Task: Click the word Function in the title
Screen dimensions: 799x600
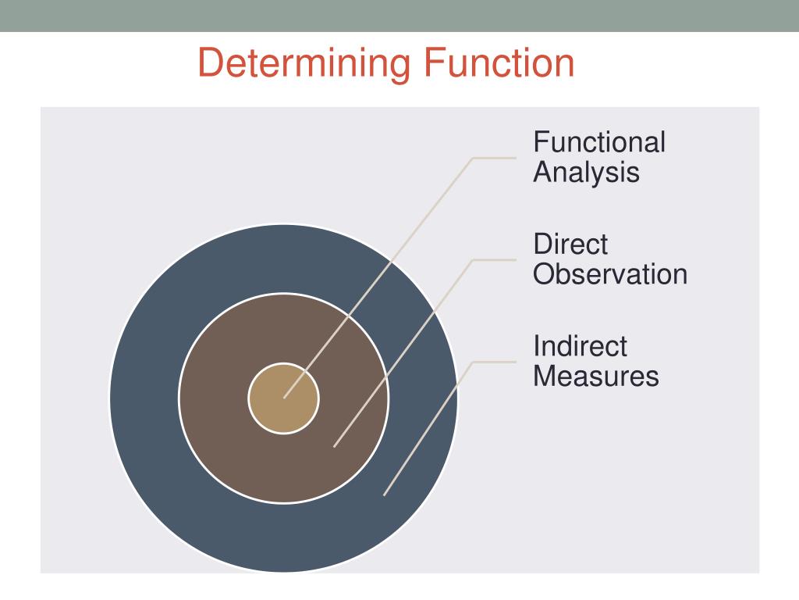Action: click(499, 62)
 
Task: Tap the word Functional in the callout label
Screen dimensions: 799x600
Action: click(599, 142)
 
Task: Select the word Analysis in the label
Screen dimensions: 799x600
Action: click(586, 172)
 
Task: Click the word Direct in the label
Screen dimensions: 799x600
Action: click(570, 244)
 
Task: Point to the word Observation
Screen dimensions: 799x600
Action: click(610, 274)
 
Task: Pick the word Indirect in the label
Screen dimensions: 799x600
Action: click(580, 345)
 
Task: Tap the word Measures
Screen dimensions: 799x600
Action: click(596, 376)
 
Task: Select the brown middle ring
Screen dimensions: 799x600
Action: click(226, 437)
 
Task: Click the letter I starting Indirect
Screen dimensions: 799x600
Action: click(537, 345)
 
